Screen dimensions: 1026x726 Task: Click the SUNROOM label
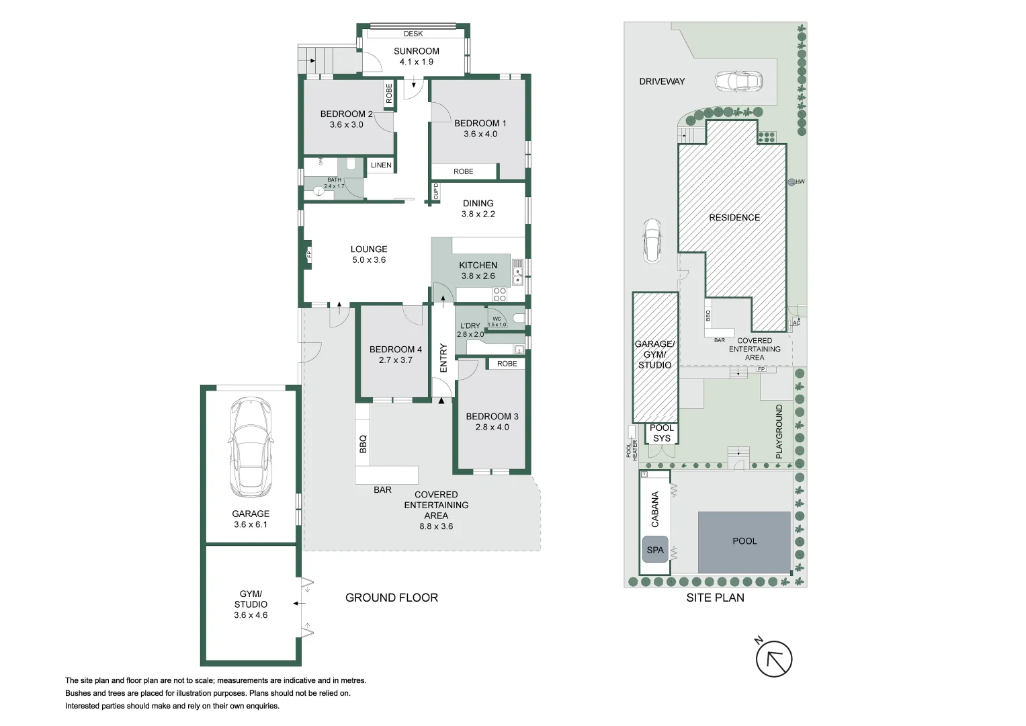coord(417,51)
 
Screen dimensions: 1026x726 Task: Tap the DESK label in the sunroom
coord(413,34)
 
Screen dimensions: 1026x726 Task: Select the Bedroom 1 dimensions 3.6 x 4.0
coord(480,134)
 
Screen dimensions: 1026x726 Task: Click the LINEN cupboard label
coord(381,165)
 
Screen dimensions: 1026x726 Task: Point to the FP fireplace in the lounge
coord(308,254)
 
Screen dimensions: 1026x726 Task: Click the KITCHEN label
coord(478,265)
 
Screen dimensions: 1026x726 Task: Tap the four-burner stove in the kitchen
coord(500,294)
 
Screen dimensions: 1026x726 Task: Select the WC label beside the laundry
coord(497,319)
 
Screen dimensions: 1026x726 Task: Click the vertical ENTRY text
coord(443,358)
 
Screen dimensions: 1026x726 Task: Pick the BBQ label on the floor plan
coord(364,444)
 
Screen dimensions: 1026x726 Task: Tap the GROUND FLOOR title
coord(392,598)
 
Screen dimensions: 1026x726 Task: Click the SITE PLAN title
coord(715,598)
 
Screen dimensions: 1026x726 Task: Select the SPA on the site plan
coord(655,550)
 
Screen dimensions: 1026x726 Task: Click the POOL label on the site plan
coord(744,541)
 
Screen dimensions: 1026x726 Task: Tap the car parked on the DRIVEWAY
coord(738,81)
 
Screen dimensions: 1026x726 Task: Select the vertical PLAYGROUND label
coord(779,432)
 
